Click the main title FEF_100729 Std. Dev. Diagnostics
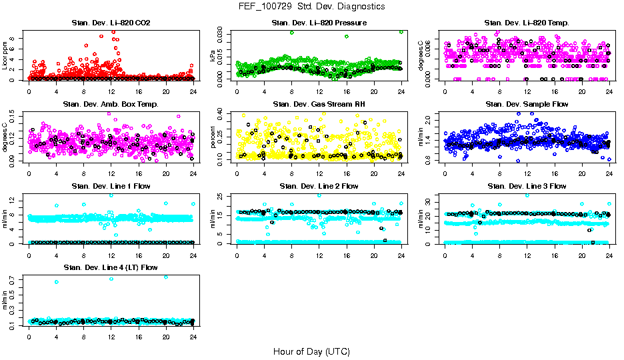coord(311,6)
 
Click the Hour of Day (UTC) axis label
coord(311,351)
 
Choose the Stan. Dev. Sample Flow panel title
coord(527,105)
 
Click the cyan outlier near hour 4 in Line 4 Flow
coord(57,282)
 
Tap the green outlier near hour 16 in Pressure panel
coord(347,37)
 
